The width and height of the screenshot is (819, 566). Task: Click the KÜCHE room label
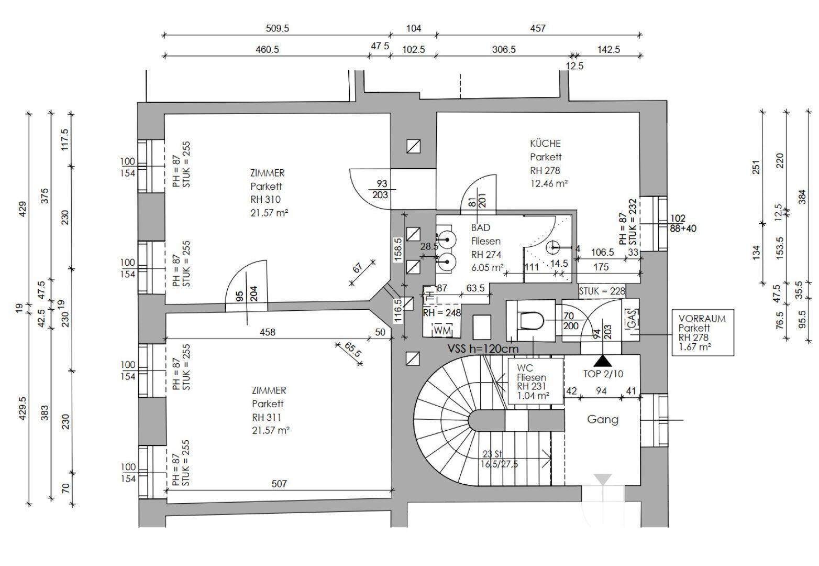pyautogui.click(x=545, y=144)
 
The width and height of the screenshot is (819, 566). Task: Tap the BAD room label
pyautogui.click(x=480, y=228)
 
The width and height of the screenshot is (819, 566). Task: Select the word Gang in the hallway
pyautogui.click(x=602, y=419)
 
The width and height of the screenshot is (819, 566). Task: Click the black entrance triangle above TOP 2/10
pyautogui.click(x=603, y=361)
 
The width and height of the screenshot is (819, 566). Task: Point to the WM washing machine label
pyautogui.click(x=442, y=331)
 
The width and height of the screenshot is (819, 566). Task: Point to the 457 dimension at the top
pyautogui.click(x=538, y=28)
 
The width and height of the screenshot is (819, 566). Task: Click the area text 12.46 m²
pyautogui.click(x=549, y=183)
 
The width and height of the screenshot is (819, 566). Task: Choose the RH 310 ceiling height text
pyautogui.click(x=265, y=200)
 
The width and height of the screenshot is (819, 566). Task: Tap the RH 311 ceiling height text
pyautogui.click(x=266, y=417)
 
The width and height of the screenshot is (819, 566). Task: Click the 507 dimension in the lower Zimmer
pyautogui.click(x=280, y=484)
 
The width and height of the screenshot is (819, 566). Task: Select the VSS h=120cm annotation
pyautogui.click(x=482, y=349)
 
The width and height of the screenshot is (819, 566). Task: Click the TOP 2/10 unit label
pyautogui.click(x=603, y=374)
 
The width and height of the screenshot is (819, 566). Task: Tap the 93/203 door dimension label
pyautogui.click(x=382, y=189)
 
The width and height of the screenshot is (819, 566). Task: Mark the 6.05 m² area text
pyautogui.click(x=488, y=268)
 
